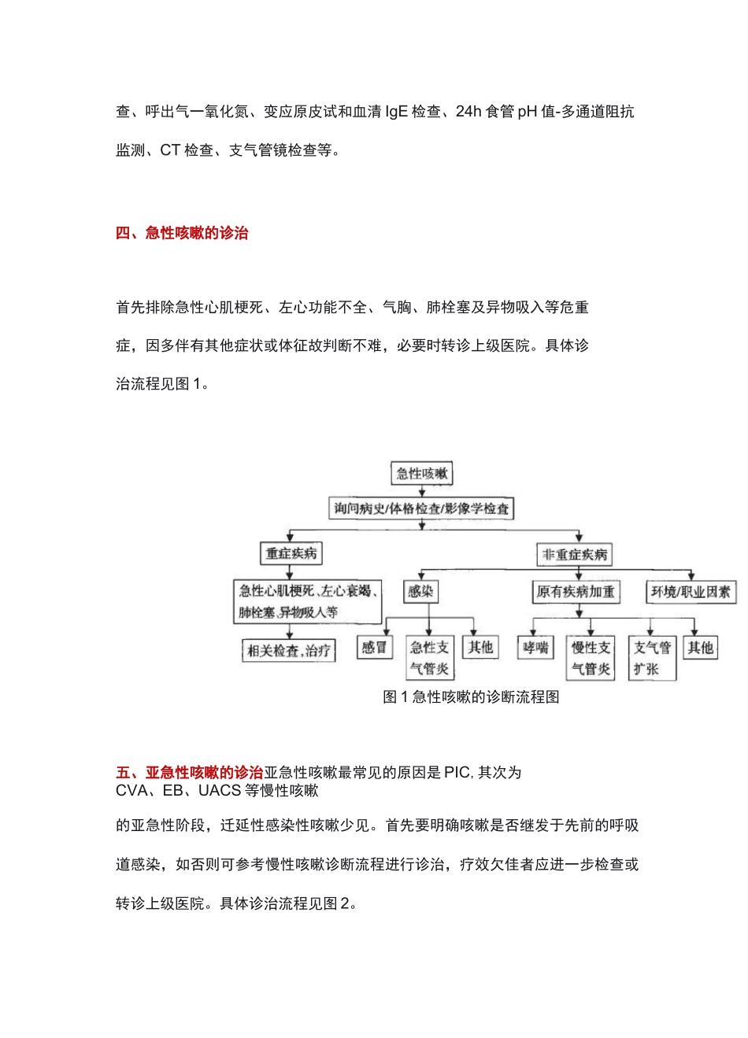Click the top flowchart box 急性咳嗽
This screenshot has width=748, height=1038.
422,474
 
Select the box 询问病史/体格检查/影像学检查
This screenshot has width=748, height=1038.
421,508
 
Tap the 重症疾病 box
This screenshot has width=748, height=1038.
291,554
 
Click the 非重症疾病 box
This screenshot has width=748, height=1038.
575,555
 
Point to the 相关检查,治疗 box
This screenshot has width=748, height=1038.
289,651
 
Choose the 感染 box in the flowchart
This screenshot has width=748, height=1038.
420,591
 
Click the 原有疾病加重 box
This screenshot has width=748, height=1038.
576,592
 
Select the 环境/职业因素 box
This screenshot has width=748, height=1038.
691,592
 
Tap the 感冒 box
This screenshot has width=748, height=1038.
374,648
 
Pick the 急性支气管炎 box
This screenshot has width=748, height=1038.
429,658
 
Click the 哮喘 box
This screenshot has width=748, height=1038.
535,648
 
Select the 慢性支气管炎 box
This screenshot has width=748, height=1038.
591,658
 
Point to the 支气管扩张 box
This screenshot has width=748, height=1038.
652,658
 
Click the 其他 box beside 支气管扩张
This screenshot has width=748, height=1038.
700,648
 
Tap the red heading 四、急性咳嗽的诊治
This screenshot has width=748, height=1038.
182,233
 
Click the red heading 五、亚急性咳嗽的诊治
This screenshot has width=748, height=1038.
189,773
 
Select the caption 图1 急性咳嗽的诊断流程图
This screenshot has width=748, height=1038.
471,697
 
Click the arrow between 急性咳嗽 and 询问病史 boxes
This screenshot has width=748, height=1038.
422,491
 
